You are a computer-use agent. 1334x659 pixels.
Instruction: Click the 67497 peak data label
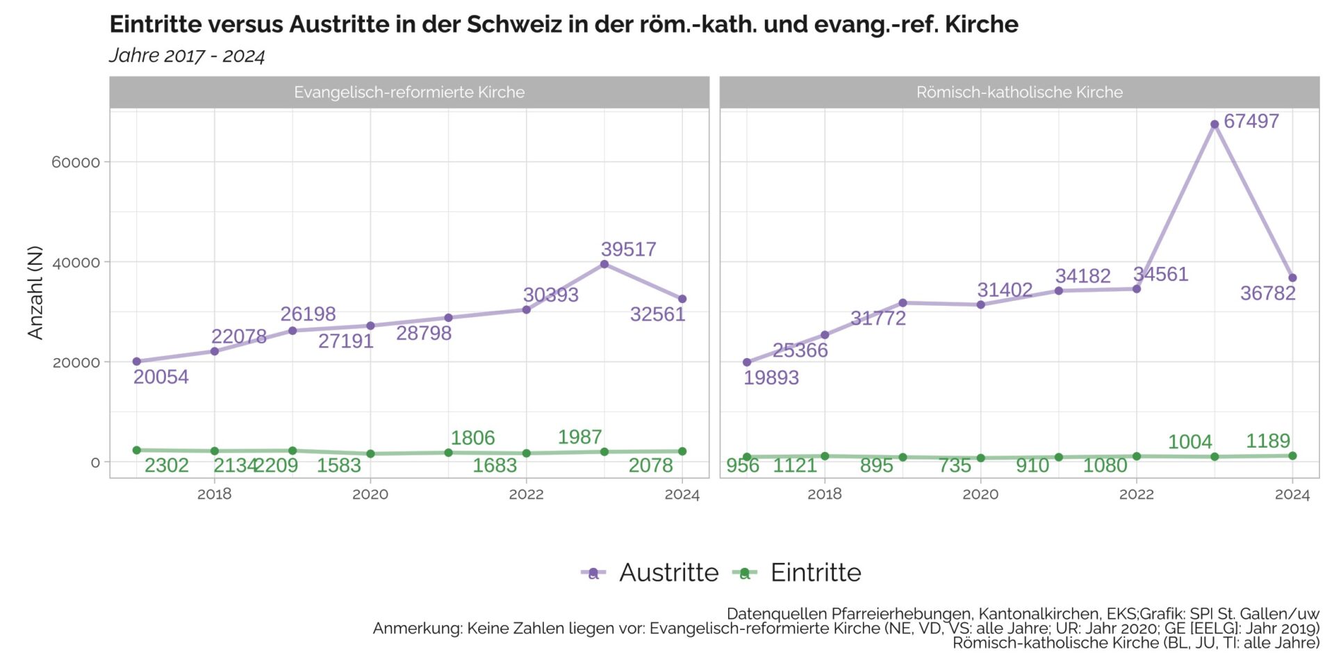coord(1251,121)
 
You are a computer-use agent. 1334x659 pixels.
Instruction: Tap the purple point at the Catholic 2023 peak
coord(1214,124)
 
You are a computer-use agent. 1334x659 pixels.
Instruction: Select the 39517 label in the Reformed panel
coord(629,249)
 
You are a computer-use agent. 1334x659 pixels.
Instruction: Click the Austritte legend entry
coord(650,573)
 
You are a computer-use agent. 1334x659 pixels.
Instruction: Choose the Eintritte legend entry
coord(797,573)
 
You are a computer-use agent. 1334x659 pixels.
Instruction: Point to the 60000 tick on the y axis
coord(76,163)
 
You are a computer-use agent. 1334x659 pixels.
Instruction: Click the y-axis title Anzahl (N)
coord(35,293)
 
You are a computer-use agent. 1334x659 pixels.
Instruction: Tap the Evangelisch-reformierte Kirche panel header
coord(409,92)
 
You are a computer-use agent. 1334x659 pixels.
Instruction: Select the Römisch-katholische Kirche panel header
coord(1019,92)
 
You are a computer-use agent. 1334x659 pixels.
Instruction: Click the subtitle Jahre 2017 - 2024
coord(187,56)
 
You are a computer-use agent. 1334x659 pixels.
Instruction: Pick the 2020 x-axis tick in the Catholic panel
coord(980,494)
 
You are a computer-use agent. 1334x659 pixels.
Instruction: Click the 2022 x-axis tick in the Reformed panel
coord(526,494)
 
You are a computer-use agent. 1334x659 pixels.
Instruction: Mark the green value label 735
coord(955,465)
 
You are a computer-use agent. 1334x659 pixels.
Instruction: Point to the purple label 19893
coord(771,377)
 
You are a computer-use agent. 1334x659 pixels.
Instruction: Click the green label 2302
coord(167,465)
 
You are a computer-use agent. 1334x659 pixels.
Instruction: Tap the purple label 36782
coord(1268,293)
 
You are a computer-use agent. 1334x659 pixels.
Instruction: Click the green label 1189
coord(1268,441)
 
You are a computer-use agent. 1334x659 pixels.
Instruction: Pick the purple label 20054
coord(161,377)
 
